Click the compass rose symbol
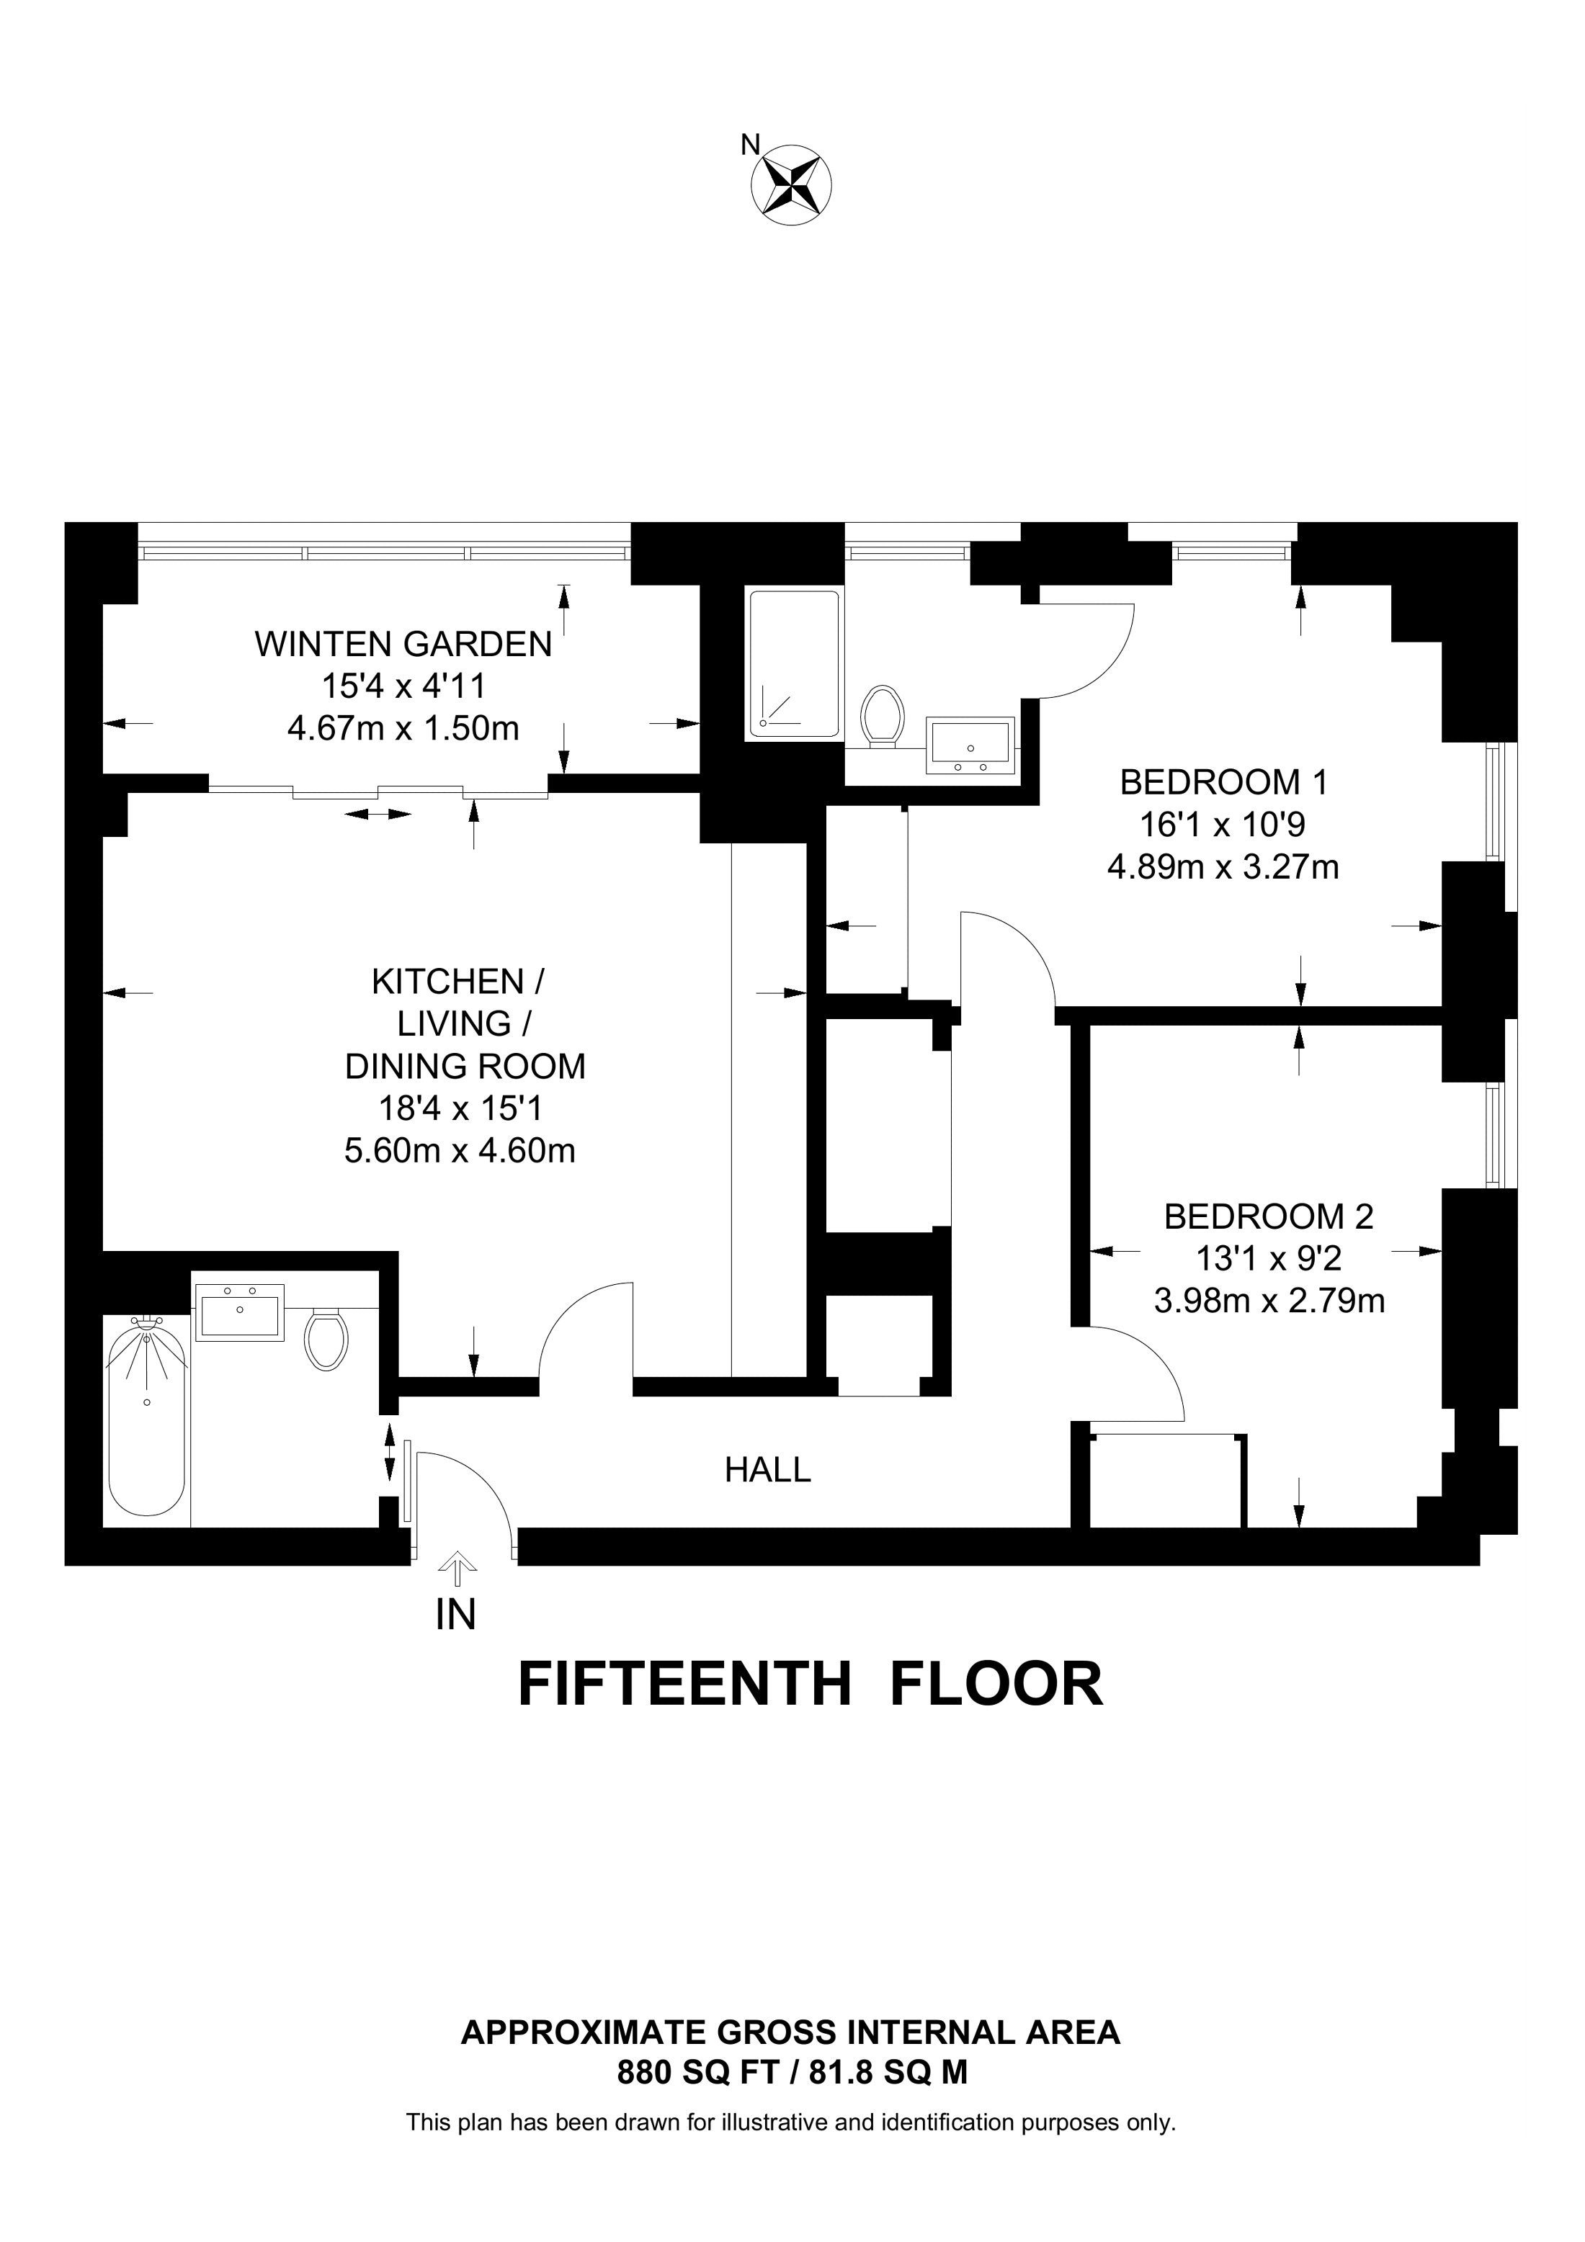click(791, 184)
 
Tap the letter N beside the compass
click(750, 145)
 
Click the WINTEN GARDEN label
click(403, 645)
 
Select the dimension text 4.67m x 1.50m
click(403, 728)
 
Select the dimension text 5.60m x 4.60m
click(460, 1152)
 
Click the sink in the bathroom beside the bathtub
click(239, 1311)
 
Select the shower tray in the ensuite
click(793, 664)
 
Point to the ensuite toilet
click(882, 716)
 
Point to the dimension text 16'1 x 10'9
click(1223, 825)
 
